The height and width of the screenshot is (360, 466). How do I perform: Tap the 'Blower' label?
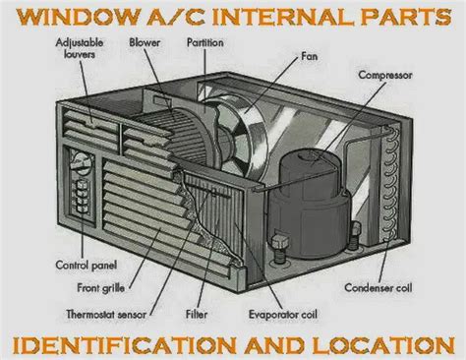[x=145, y=44]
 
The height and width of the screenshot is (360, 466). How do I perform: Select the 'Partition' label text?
[x=207, y=44]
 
